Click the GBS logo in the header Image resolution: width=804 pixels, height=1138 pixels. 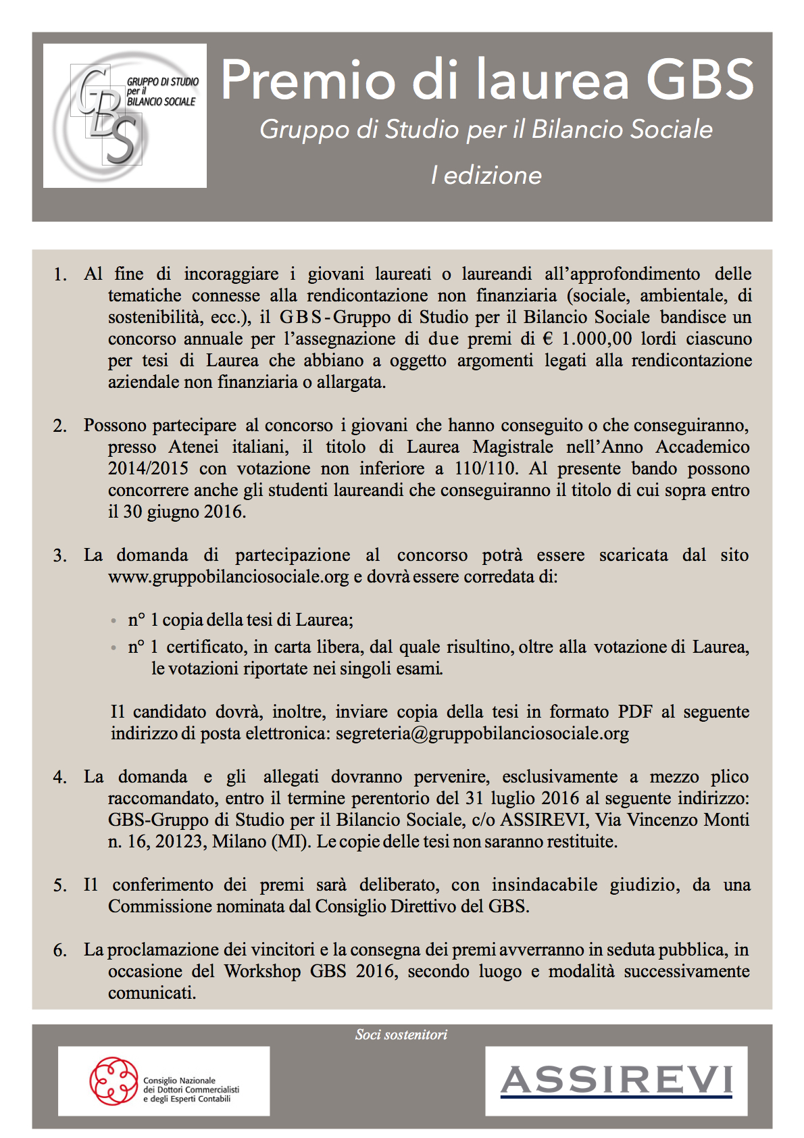point(125,116)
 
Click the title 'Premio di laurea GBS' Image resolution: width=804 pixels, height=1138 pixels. point(486,80)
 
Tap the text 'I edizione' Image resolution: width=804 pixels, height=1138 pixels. point(486,175)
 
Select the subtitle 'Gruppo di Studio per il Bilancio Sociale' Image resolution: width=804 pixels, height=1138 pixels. point(486,129)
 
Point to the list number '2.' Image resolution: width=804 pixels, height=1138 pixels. point(60,426)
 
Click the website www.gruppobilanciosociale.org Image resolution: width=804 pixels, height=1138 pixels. point(228,576)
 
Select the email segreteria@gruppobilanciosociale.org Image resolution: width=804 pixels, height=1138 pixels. point(482,733)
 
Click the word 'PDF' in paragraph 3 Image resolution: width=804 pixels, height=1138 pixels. point(635,712)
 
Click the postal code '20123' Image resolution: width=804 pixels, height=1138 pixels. point(180,841)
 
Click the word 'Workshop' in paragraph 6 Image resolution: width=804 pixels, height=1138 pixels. point(262,971)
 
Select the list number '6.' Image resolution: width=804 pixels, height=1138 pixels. point(60,950)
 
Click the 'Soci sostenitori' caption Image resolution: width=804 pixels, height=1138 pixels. point(401,1035)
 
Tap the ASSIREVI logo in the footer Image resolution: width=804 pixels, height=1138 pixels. point(616,1081)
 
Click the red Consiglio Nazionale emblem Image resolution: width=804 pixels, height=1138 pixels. point(114,1081)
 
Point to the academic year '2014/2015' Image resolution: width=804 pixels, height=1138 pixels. point(148,468)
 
